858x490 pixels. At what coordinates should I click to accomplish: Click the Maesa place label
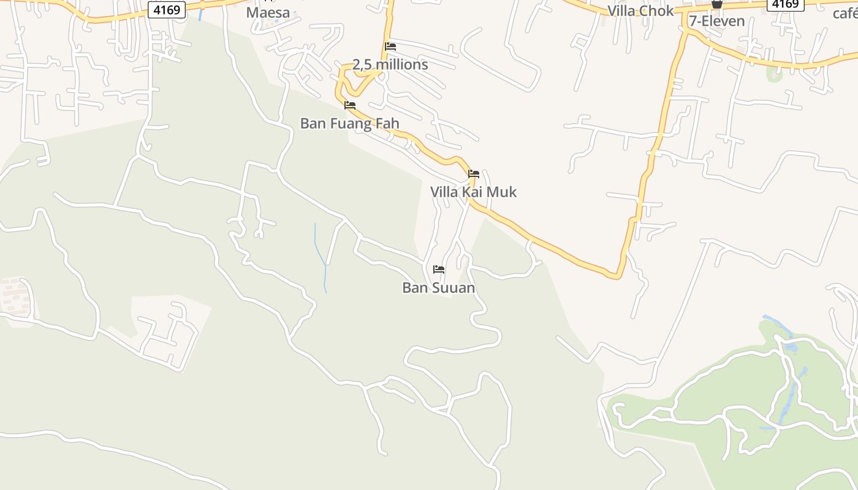268,13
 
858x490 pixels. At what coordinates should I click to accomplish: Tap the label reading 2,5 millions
390,64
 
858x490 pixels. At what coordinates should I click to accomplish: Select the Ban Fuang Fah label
349,123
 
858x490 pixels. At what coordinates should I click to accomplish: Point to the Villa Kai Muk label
473,192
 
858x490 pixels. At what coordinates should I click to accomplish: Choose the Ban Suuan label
438,287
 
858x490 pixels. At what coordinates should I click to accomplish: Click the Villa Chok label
640,11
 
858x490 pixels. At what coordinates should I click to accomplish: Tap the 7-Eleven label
716,21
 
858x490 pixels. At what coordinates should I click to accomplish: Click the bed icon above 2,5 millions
390,47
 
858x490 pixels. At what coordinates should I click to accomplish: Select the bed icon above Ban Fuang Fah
350,105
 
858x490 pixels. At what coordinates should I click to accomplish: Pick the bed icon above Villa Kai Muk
473,174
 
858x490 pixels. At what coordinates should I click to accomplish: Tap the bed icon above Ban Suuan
438,269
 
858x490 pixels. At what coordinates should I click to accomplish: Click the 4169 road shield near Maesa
166,10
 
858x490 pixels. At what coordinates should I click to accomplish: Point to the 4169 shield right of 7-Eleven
785,4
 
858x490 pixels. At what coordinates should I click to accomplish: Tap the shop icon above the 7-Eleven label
716,4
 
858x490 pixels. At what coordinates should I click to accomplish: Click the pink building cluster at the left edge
15,296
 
